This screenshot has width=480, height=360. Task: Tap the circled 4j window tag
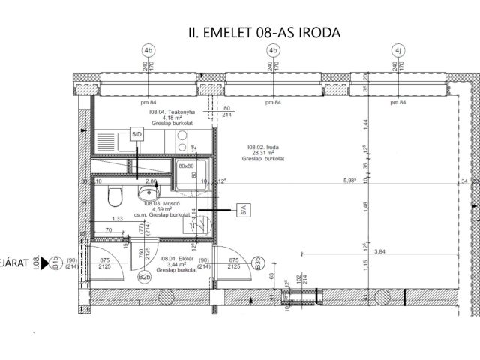pyautogui.click(x=397, y=50)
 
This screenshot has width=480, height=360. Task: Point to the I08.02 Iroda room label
pyautogui.click(x=259, y=153)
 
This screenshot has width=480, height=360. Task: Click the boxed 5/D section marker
pyautogui.click(x=137, y=134)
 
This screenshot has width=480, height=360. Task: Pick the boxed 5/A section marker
pyautogui.click(x=242, y=211)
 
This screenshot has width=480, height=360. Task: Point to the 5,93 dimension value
pyautogui.click(x=350, y=181)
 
